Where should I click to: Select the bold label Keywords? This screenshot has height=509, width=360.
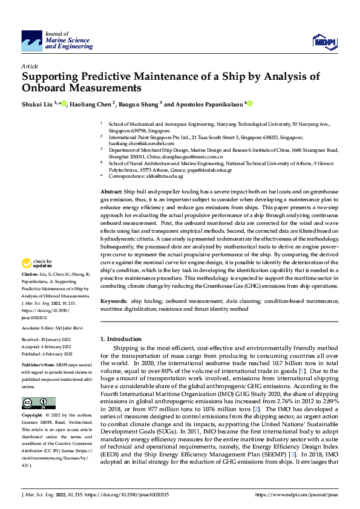(113, 300)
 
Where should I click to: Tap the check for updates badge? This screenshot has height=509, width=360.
(34, 263)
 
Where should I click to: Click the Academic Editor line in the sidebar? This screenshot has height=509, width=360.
(51, 328)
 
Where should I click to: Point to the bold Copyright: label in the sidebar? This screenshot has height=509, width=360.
(32, 416)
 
